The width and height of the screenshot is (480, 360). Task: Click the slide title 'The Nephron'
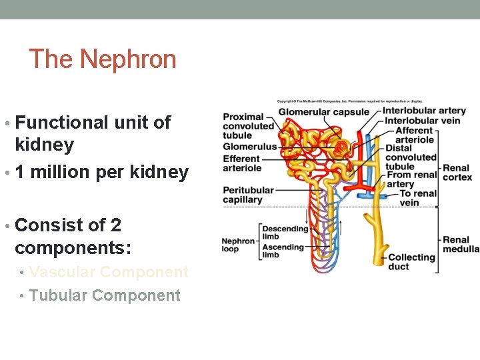[103, 59]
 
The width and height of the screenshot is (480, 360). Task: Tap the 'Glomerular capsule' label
[323, 112]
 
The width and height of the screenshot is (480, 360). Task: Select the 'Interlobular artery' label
[424, 111]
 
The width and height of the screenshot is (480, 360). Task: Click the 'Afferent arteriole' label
[414, 135]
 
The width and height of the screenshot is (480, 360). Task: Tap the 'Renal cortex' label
[457, 173]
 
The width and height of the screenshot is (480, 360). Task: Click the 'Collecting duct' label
[411, 261]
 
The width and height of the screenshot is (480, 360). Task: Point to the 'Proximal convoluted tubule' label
[248, 126]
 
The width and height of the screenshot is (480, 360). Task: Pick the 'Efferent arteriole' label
[241, 163]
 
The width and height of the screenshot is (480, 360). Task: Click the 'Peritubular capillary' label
[248, 195]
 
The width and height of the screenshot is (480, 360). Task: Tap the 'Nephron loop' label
[238, 245]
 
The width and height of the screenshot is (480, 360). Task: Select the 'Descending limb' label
[285, 233]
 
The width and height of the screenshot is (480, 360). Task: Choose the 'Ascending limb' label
[283, 251]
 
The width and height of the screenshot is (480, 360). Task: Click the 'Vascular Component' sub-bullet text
[109, 272]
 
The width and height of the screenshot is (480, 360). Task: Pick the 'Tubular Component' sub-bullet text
[105, 295]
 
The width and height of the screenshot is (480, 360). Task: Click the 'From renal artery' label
[411, 179]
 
